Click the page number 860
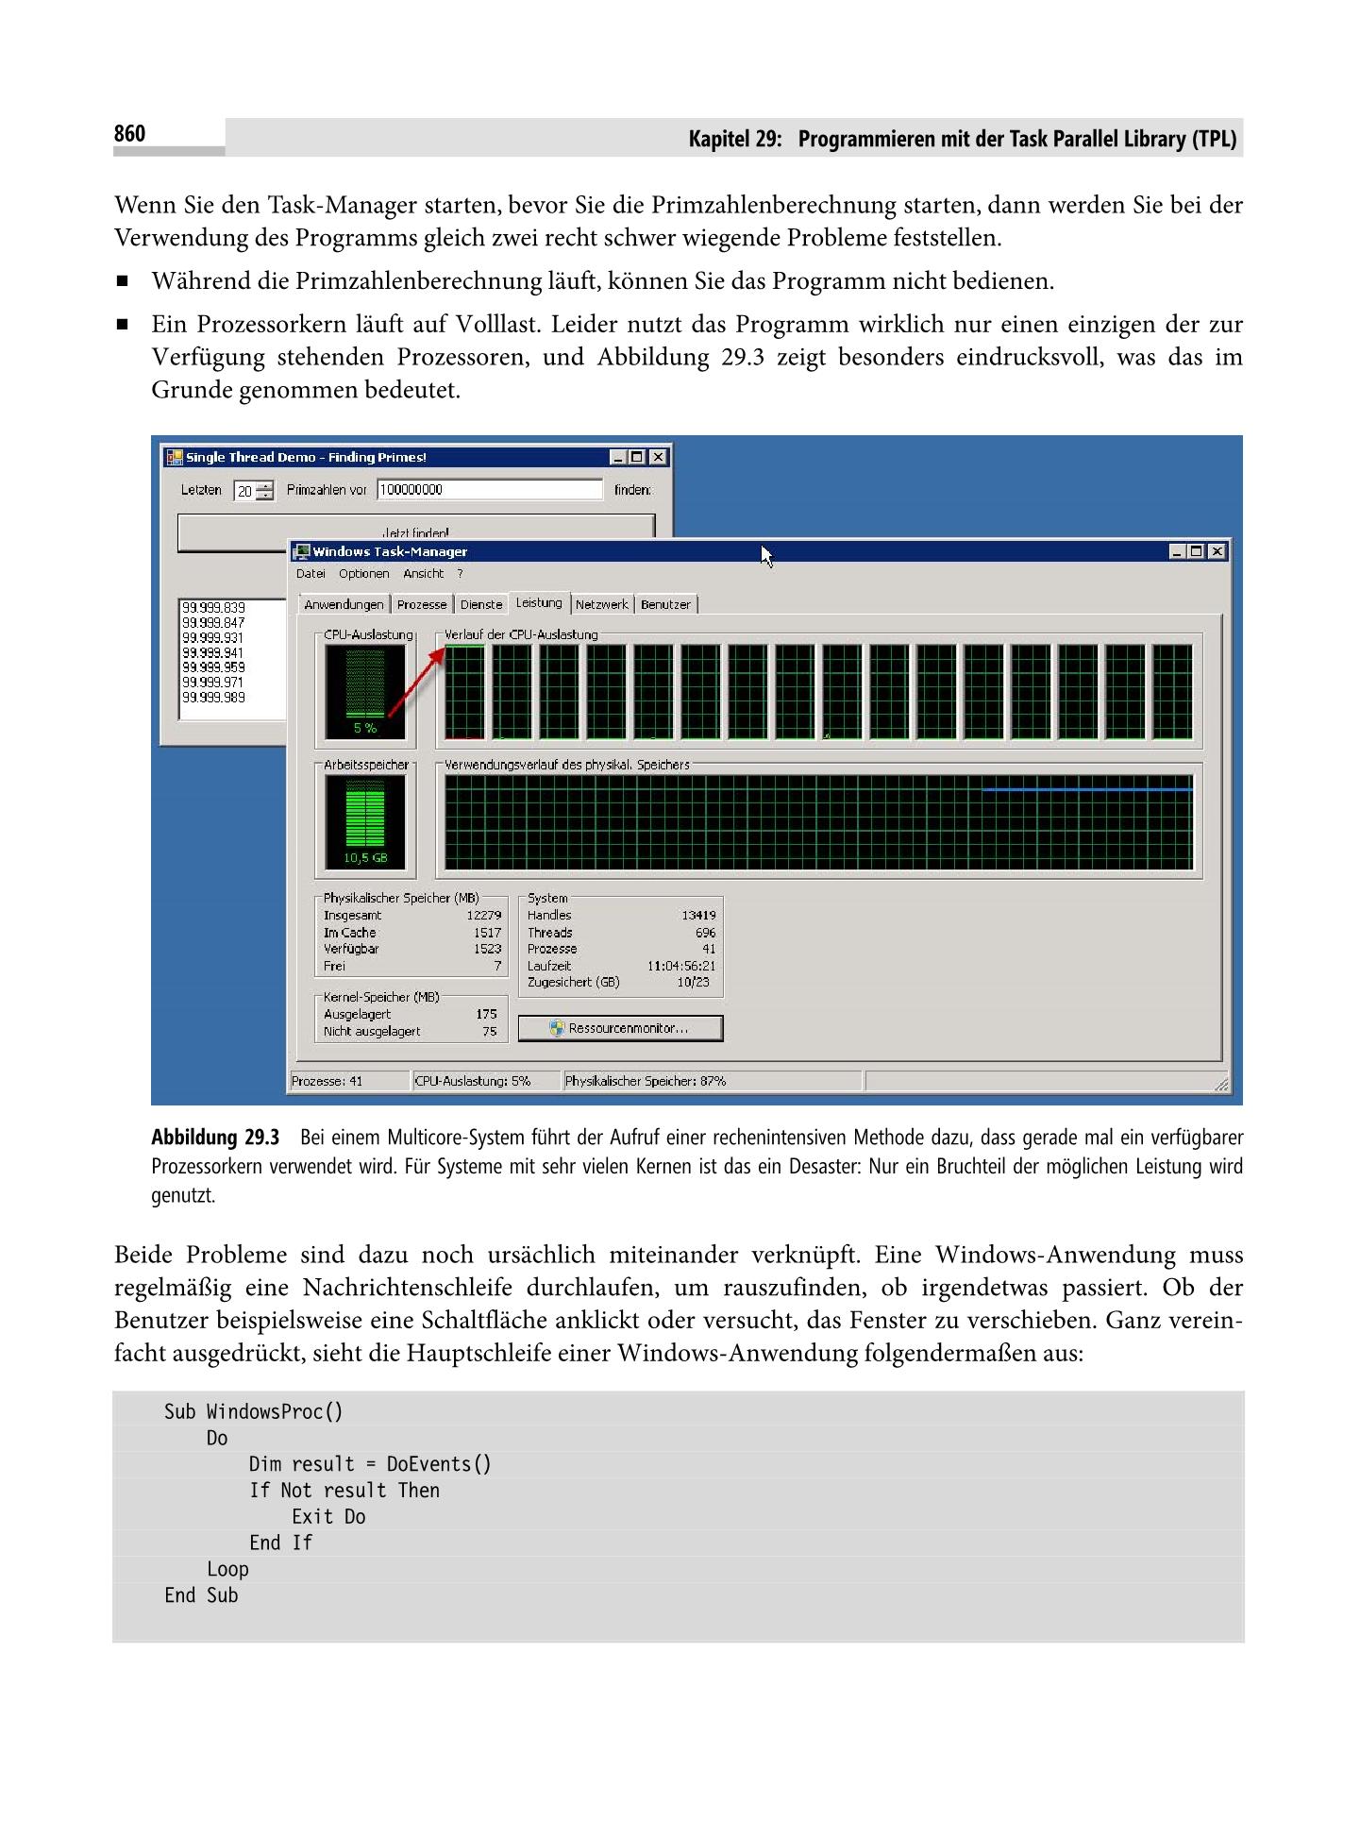click(130, 134)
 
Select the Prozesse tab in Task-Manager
click(421, 604)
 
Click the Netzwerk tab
click(601, 604)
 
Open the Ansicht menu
click(423, 574)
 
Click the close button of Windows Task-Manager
click(1217, 551)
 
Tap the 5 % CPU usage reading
click(364, 728)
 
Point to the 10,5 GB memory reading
click(364, 858)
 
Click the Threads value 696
click(705, 933)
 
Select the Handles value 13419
click(698, 915)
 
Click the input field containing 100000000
click(489, 490)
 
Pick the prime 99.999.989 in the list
click(213, 698)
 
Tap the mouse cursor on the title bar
click(766, 556)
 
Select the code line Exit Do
click(327, 1516)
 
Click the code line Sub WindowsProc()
click(253, 1411)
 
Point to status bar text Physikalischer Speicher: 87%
click(646, 1081)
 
